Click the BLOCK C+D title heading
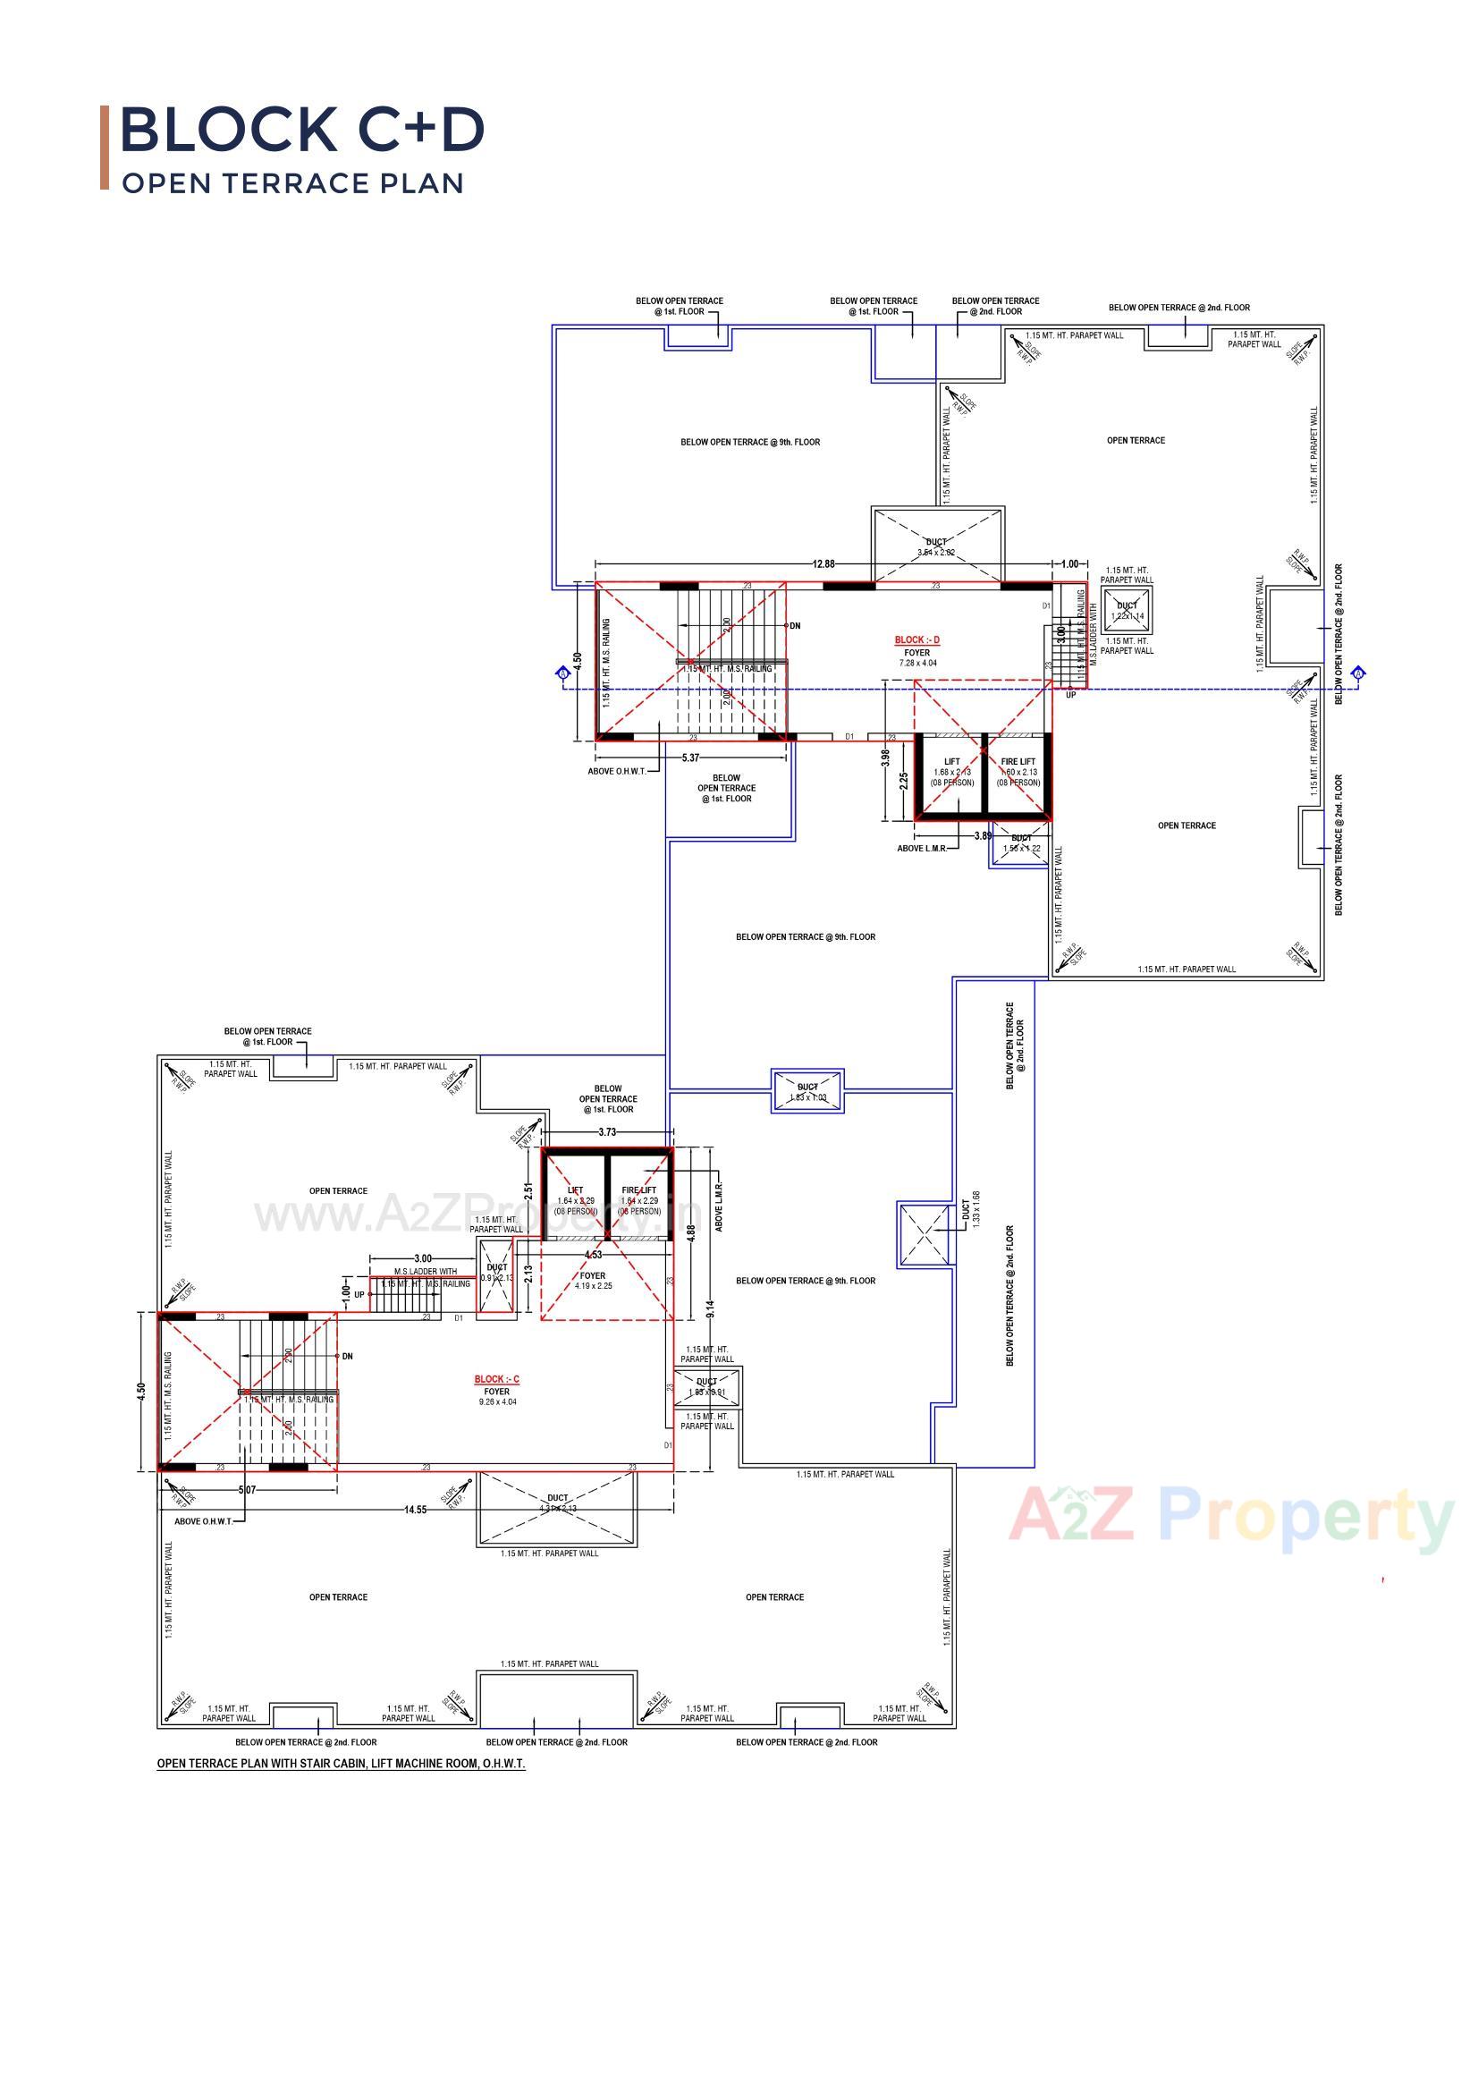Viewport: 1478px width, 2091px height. (301, 130)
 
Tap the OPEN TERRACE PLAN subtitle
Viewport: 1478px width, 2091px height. (293, 183)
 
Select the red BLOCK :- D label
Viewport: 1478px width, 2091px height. (916, 640)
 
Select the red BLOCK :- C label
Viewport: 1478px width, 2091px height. (496, 1380)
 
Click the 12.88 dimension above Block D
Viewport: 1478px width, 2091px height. (823, 564)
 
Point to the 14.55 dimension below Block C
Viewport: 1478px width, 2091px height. (415, 1510)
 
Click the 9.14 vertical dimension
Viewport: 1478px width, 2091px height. (710, 1308)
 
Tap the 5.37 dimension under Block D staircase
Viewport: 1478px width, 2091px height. (690, 758)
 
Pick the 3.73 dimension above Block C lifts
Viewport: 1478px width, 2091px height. (607, 1132)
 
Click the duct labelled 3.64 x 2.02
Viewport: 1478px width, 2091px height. (937, 546)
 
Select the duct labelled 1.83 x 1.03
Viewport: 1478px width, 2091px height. (807, 1091)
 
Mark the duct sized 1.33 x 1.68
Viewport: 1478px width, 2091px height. (925, 1234)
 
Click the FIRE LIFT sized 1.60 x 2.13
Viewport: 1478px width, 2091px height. (1018, 773)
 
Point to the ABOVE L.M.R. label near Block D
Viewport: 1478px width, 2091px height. (922, 849)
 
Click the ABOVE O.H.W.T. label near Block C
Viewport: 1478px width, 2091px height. (203, 1521)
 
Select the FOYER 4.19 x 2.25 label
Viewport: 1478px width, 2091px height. (593, 1281)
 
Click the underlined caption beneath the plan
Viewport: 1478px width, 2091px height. (341, 1763)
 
